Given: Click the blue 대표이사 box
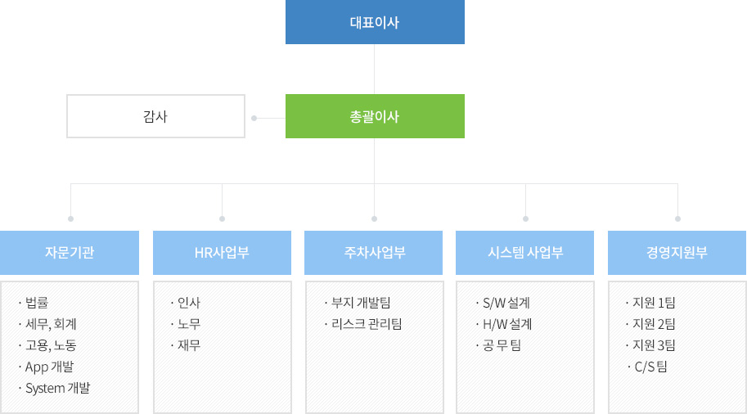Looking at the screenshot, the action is [x=375, y=22].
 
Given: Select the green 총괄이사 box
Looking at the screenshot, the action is [x=375, y=116].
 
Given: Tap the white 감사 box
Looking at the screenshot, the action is [x=155, y=116].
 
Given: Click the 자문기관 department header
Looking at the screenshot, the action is [x=70, y=253].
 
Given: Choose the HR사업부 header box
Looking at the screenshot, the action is [x=222, y=253].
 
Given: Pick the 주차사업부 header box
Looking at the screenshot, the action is [x=373, y=253].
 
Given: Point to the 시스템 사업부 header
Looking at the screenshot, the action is [x=525, y=253].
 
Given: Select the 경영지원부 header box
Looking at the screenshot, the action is [x=677, y=253].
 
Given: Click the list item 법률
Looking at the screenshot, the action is [x=37, y=303].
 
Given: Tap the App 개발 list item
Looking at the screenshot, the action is [x=50, y=367].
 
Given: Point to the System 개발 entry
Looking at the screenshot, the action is [x=57, y=389].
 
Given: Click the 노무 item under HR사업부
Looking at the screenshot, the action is [x=189, y=324].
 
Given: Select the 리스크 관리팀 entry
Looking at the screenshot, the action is [x=367, y=324].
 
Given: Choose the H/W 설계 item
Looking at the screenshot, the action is [x=507, y=324].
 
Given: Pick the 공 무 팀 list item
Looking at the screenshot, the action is [x=502, y=345].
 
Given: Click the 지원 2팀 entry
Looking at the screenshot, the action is [x=654, y=324].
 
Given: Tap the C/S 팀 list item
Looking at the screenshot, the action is [x=650, y=367].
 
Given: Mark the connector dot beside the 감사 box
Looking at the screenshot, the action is [x=254, y=118].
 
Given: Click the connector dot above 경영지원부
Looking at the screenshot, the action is [x=678, y=218].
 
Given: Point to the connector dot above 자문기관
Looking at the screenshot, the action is [x=70, y=218].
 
